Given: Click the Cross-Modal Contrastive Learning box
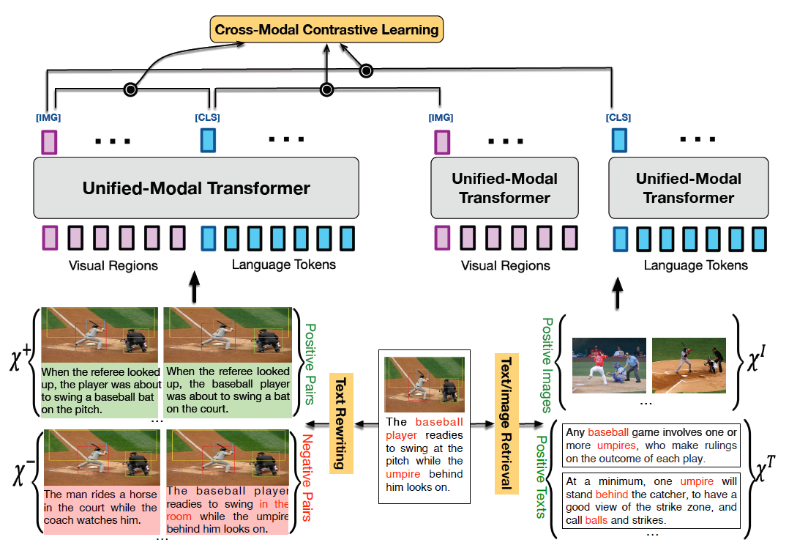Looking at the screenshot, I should click(x=326, y=30).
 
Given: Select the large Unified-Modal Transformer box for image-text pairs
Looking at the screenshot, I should click(x=196, y=188).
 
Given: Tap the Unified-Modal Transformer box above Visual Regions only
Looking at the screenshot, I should click(x=504, y=188).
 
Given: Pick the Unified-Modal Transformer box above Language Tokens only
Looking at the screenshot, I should click(x=688, y=188).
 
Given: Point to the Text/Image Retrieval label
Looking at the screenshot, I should click(x=506, y=423).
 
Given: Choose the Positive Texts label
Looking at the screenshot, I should click(x=541, y=476).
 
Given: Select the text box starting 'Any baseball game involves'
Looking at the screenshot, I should click(x=651, y=445).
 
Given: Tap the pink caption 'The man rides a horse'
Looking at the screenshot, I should click(x=100, y=507).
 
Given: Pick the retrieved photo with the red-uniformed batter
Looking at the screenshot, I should click(x=609, y=364).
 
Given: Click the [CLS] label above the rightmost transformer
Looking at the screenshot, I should click(x=618, y=117).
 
